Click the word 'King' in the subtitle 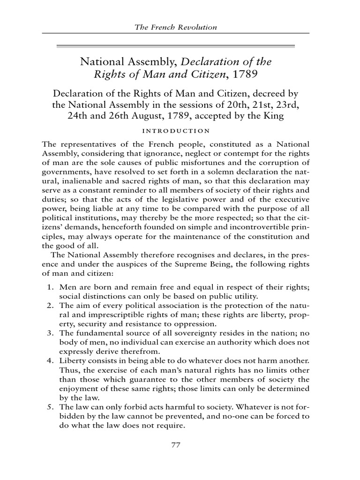(273, 115)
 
